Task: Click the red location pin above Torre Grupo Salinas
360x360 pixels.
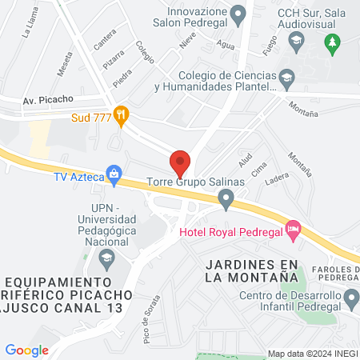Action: [180, 162]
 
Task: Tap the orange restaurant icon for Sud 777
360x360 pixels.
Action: [121, 115]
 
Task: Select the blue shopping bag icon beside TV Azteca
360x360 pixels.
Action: [114, 174]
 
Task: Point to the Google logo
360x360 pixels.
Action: [26, 350]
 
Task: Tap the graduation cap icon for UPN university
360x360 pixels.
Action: [106, 258]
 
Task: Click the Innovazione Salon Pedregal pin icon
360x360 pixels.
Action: [238, 14]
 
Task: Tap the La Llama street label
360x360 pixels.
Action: [30, 30]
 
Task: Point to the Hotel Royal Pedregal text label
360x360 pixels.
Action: [230, 232]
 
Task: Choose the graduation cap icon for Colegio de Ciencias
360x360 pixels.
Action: [286, 78]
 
